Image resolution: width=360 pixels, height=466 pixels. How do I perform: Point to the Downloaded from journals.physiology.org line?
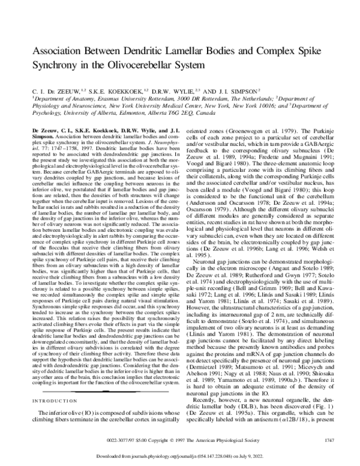(179, 456)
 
